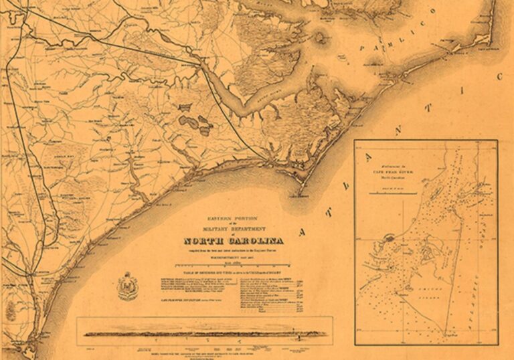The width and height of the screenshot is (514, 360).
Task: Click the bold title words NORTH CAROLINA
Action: click(233, 241)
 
